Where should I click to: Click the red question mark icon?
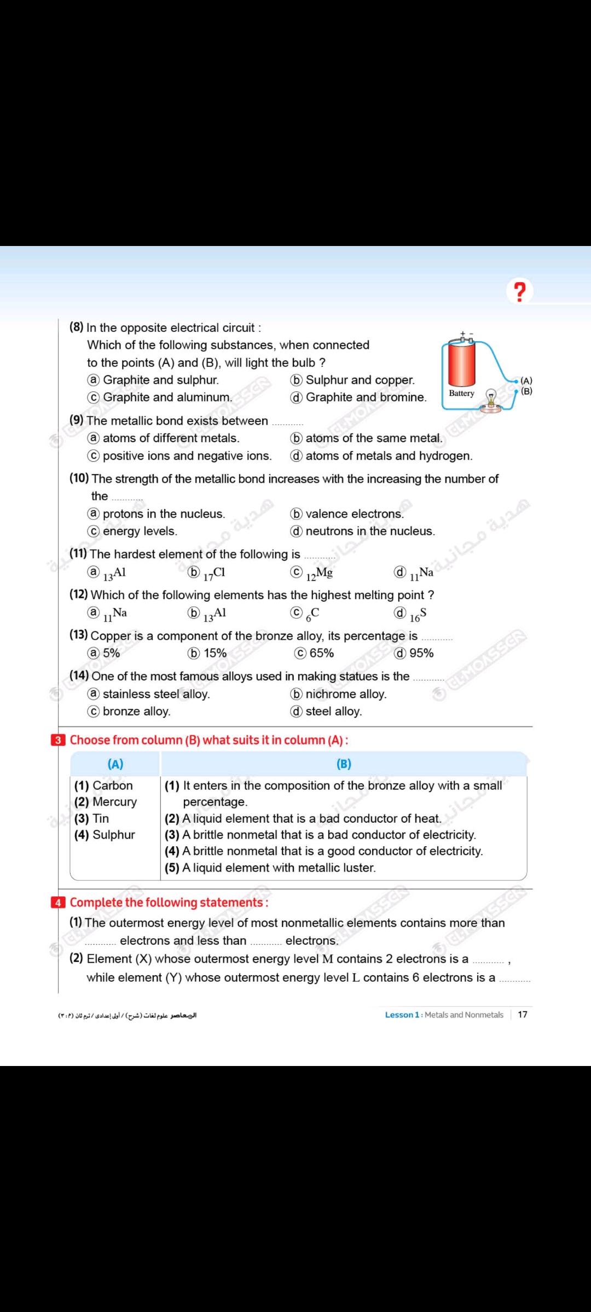click(x=519, y=291)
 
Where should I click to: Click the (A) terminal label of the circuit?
click(x=526, y=380)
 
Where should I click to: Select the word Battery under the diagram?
click(x=461, y=393)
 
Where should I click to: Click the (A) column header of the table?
click(x=115, y=764)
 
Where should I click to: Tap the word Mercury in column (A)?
click(x=114, y=802)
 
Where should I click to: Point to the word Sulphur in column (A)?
click(x=113, y=835)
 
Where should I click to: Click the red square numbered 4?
click(x=57, y=903)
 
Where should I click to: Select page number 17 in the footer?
click(x=523, y=1015)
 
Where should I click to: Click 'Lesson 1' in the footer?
click(x=402, y=1015)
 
